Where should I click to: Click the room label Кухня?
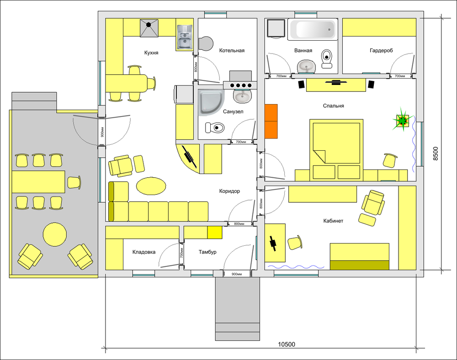point(151,53)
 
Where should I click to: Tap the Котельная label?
point(232,50)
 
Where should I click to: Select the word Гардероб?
point(381,50)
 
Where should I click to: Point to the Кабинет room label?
point(333,221)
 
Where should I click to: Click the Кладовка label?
point(143,252)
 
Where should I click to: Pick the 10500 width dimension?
point(286,344)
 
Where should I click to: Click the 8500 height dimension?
point(435,154)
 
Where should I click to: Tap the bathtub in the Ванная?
point(313,29)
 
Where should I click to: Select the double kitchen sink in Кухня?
point(185,37)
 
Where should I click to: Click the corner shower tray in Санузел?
point(211,102)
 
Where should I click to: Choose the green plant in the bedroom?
point(403,120)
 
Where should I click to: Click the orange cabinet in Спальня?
point(271,121)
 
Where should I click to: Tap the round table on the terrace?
point(55,234)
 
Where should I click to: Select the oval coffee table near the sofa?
point(151,186)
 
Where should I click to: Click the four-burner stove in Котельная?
point(240,85)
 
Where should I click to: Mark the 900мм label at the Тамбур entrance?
point(237,274)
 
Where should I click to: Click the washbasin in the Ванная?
point(307,67)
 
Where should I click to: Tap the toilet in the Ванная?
point(327,58)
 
